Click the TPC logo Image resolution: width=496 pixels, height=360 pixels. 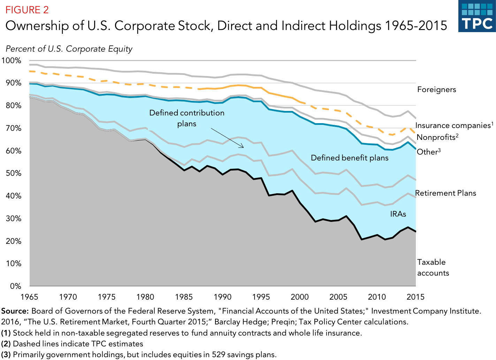coord(477,16)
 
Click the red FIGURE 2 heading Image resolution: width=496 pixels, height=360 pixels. coord(27,10)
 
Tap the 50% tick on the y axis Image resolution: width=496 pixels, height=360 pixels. coord(11,173)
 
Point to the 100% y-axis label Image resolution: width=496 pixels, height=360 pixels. coord(11,60)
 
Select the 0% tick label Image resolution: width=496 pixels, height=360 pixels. coord(15,286)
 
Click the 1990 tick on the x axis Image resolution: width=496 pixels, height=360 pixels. coord(222,297)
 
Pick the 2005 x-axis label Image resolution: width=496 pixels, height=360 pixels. coord(338,297)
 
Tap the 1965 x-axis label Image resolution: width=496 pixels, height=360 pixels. coord(29,297)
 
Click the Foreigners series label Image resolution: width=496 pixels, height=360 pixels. coord(436,90)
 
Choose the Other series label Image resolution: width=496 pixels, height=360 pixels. coord(428,152)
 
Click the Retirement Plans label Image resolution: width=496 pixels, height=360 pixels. coord(445,193)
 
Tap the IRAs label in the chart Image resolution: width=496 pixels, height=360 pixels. coord(398,214)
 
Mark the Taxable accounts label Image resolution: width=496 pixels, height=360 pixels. coord(433,268)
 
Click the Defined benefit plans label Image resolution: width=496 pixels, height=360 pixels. coord(350,158)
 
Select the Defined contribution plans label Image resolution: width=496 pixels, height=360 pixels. coord(187,118)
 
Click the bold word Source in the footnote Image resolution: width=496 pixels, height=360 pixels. coord(15,311)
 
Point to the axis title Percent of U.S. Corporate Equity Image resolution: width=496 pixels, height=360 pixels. coord(69,49)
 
